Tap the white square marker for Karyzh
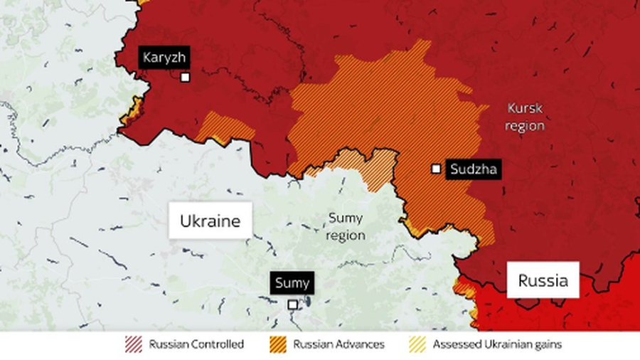point(185,78)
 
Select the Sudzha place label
point(472,169)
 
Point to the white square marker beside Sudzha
point(436,169)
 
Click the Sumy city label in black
point(292,283)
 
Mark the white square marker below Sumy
point(292,304)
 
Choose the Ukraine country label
point(210,221)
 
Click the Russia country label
point(543,280)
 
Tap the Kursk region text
point(525,117)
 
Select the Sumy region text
point(346,226)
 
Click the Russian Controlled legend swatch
point(134,344)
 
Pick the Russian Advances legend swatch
point(279,344)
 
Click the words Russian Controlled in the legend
point(196,344)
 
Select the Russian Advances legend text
point(338,344)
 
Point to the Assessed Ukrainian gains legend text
point(496,344)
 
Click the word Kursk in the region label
point(525,108)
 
